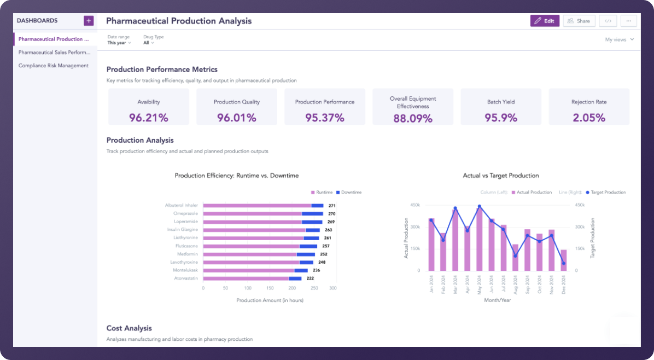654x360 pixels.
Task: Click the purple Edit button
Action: tap(545, 21)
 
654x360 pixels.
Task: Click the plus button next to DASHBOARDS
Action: tap(89, 21)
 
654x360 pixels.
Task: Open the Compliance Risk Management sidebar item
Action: tap(53, 66)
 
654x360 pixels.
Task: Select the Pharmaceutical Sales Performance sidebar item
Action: tap(54, 53)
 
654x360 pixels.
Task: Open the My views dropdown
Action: tap(620, 39)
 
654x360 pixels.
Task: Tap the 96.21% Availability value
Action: tap(149, 117)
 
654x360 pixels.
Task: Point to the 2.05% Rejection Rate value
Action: tap(589, 117)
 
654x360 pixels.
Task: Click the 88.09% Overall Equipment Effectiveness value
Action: tap(413, 118)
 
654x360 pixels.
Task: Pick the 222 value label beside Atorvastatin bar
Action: tap(310, 278)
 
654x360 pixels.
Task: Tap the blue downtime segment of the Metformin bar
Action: tap(306, 254)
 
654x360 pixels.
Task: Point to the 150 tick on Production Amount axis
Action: tap(270, 288)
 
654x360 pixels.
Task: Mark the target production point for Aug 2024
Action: tap(515, 256)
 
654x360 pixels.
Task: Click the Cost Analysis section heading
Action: tap(129, 328)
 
